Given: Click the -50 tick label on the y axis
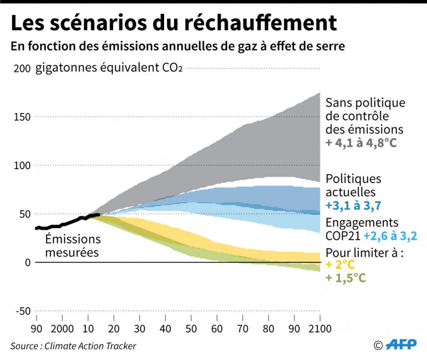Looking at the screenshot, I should click(21, 311).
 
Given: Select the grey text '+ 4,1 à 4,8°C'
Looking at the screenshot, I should click(362, 142).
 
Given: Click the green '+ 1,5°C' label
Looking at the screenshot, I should click(345, 277).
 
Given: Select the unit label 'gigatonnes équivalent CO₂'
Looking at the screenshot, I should click(109, 68).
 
